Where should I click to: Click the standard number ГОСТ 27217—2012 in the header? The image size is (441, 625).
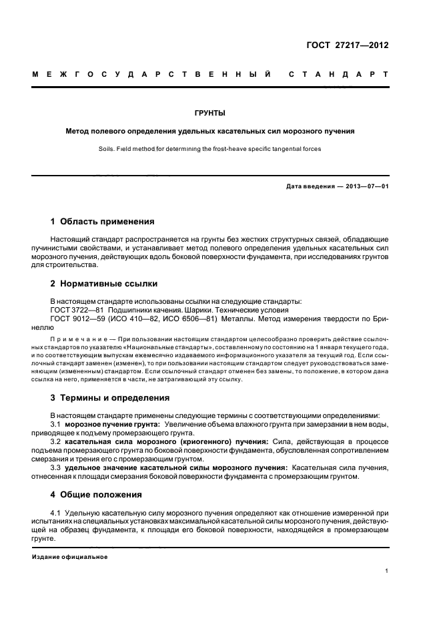pyautogui.click(x=348, y=45)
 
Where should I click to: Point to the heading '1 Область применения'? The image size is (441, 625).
pyautogui.click(x=103, y=221)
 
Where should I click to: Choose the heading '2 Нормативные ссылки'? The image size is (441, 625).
pyautogui.click(x=102, y=282)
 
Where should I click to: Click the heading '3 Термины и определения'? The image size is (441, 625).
pyautogui.click(x=110, y=397)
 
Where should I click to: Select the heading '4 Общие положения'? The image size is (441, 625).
pyautogui.click(x=96, y=495)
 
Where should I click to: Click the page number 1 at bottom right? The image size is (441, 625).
pyautogui.click(x=386, y=571)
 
